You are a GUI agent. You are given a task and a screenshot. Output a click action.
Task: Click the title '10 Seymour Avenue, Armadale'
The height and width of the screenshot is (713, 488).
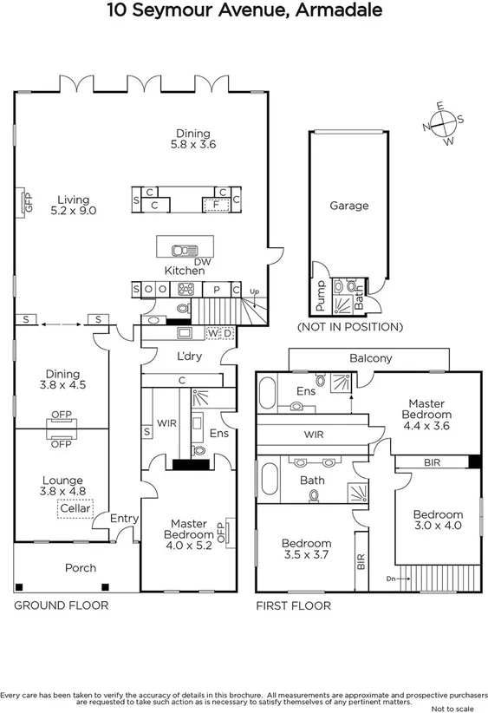click(244, 11)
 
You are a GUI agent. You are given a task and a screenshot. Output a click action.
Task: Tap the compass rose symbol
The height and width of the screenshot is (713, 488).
click(443, 123)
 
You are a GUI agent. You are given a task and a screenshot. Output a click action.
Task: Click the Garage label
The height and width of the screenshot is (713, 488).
click(348, 206)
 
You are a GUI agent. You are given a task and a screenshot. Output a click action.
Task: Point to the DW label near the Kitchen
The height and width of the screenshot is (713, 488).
click(202, 261)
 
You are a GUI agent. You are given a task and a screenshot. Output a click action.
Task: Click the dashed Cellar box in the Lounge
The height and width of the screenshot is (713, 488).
click(75, 507)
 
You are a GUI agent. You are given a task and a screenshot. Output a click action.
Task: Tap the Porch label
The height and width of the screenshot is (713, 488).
click(81, 568)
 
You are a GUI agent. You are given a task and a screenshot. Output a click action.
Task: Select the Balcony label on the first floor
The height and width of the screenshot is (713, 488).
click(370, 358)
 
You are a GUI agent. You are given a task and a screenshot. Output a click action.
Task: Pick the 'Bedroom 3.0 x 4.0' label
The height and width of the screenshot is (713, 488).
click(437, 520)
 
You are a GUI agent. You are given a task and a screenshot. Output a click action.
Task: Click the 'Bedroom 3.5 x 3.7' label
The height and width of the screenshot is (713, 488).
click(306, 549)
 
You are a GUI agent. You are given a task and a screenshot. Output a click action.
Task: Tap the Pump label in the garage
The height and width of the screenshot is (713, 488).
click(320, 297)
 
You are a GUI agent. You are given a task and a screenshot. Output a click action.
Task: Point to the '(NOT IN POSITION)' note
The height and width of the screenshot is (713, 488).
click(349, 327)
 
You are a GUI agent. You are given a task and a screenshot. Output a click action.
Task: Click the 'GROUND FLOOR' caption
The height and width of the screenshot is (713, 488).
click(61, 605)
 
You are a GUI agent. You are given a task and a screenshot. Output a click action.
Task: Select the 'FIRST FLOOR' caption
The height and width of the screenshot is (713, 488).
click(293, 605)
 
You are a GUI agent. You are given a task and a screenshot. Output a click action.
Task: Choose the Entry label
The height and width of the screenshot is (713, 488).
click(124, 519)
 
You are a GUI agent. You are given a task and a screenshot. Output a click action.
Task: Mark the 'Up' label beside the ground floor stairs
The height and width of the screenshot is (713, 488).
click(254, 291)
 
